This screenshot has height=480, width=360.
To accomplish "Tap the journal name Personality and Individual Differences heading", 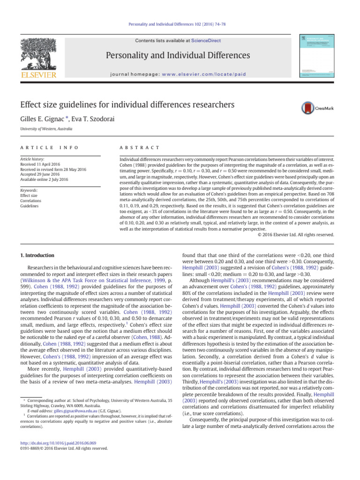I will click(180, 56).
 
